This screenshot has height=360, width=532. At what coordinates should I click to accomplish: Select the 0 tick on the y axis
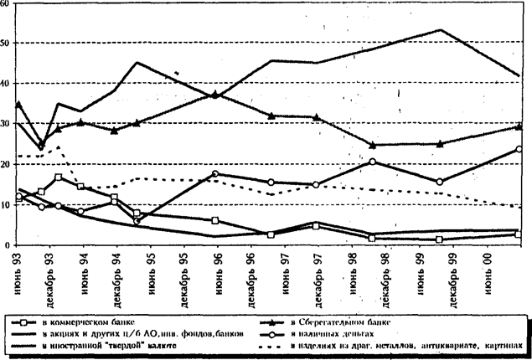7,245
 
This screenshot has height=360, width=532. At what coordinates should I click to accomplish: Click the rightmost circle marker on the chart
519,149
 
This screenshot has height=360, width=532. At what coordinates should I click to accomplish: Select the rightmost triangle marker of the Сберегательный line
519,126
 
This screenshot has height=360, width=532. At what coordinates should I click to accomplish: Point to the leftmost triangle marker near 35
18,104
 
